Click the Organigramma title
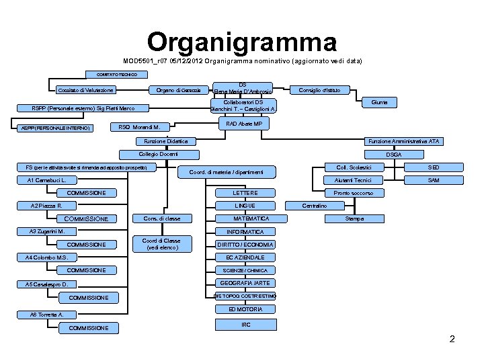[x=242, y=42]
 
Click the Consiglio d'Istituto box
[x=319, y=90]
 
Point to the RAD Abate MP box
[x=243, y=124]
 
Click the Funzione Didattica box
[x=166, y=141]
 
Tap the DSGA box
[x=393, y=155]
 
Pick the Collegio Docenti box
[x=155, y=155]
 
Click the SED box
[x=434, y=167]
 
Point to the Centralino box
[x=314, y=205]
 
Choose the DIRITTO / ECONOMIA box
[x=245, y=245]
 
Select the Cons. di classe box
[x=161, y=218]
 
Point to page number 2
[x=452, y=339]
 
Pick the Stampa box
[x=354, y=218]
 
